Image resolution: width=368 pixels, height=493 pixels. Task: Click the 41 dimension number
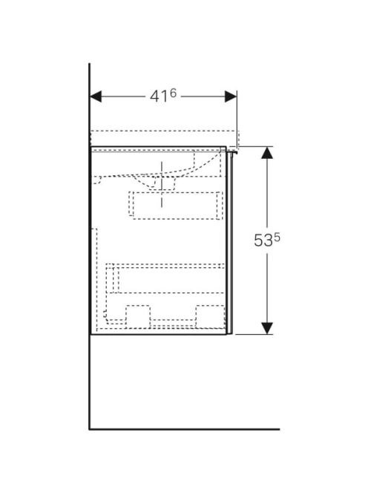pos(159,97)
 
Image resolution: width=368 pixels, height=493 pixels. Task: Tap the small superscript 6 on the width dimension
pos(173,93)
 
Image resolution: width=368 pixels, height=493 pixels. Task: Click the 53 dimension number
pos(263,241)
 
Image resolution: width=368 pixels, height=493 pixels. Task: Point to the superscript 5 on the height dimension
pos(277,238)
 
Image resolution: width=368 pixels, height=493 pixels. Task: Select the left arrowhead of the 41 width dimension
pos(96,97)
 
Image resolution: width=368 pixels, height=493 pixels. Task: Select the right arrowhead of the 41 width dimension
pos(231,97)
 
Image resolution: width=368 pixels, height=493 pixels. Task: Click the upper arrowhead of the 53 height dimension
pos(267,152)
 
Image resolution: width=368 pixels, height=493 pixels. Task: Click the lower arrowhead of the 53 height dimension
pos(267,328)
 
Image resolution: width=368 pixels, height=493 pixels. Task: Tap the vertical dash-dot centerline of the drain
pos(162,184)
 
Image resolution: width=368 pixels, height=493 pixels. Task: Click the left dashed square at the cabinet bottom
pos(138,316)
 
